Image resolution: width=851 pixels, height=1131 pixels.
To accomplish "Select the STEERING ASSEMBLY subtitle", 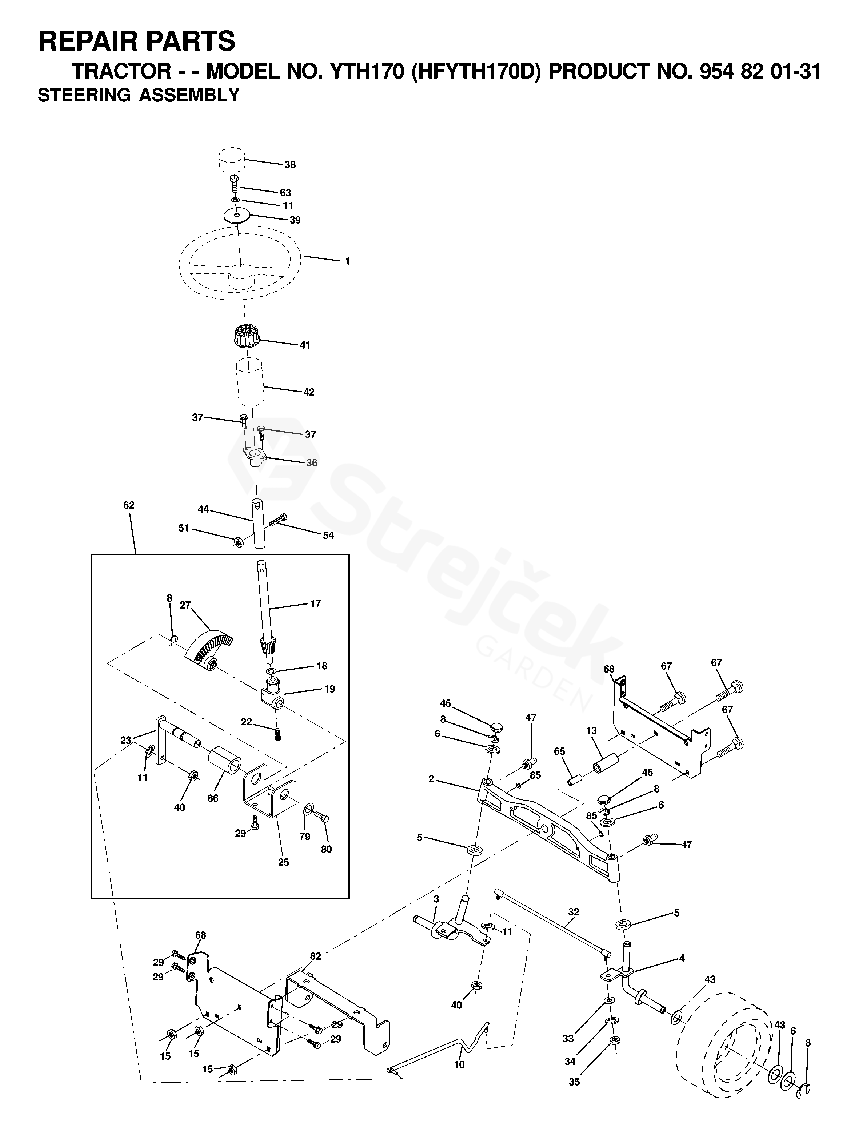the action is pos(139,96).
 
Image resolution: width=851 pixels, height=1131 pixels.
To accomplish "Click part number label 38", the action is pos(290,165).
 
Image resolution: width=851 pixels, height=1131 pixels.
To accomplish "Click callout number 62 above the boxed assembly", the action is pos(129,505).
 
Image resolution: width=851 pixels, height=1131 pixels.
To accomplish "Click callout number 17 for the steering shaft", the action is pos(316,604).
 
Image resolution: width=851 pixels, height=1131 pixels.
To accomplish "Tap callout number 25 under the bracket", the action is pos(283,862).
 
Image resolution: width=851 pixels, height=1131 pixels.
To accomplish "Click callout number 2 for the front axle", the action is pos(431,779).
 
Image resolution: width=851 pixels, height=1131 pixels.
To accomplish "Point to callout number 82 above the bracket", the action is pos(315,956).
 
